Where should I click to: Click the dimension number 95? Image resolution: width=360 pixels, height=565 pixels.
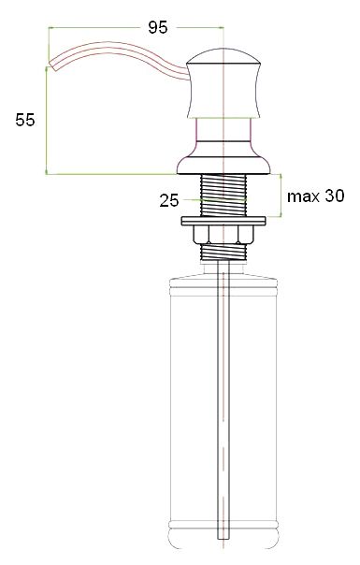click(158, 28)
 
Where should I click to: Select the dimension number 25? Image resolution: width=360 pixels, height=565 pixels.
click(168, 199)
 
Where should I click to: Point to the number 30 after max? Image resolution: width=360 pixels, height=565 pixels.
click(333, 196)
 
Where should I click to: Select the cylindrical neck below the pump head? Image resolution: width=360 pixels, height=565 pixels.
click(224, 132)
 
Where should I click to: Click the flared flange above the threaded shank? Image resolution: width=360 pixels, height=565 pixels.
click(225, 163)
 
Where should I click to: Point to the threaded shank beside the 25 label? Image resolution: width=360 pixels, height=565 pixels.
click(225, 196)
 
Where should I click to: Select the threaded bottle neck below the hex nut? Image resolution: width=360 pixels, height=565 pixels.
click(225, 251)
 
